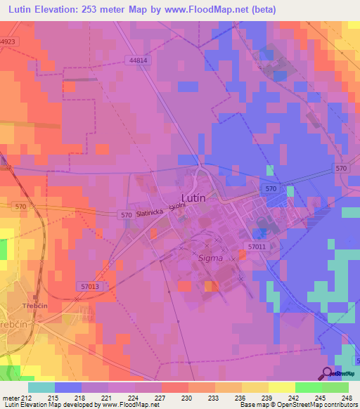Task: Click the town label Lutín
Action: pyautogui.click(x=193, y=198)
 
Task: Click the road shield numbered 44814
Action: pyautogui.click(x=139, y=61)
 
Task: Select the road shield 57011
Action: pyautogui.click(x=257, y=247)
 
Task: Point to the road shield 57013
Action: pyautogui.click(x=89, y=286)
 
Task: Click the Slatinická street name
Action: pyautogui.click(x=150, y=212)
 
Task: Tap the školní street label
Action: pyautogui.click(x=177, y=203)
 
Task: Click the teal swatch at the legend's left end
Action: pyautogui.click(x=41, y=387)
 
